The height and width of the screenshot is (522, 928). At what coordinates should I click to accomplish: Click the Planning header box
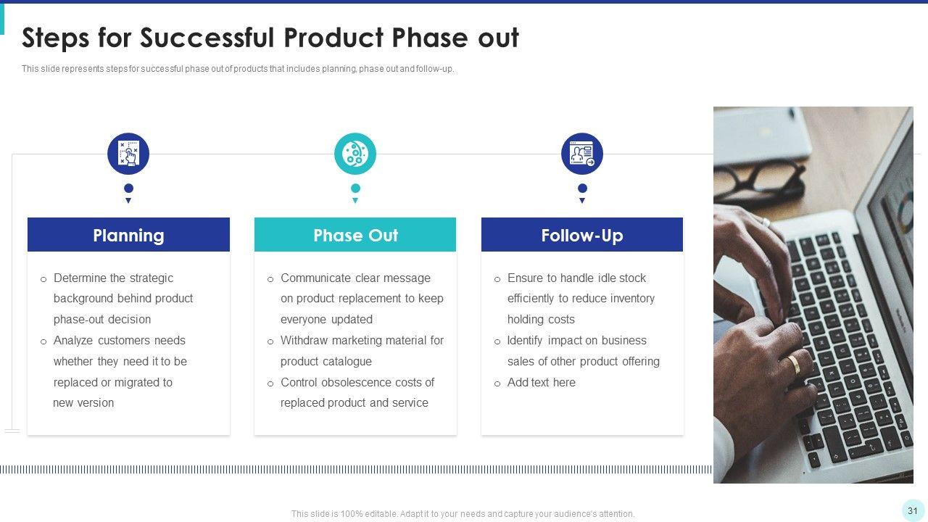[x=128, y=234]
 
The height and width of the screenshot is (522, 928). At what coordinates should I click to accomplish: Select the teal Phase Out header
[x=355, y=234]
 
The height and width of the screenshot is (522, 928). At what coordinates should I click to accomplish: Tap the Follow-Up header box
[x=582, y=234]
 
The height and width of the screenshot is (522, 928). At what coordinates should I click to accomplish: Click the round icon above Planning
[x=128, y=154]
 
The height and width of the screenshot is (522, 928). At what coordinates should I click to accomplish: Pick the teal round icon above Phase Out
[x=355, y=154]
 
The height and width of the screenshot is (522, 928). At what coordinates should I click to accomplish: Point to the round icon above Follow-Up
[x=582, y=154]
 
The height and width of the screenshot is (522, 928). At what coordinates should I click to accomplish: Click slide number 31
[x=913, y=510]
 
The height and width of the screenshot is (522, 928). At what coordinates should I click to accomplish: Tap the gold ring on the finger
[x=794, y=364]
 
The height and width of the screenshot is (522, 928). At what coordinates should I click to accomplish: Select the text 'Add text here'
[x=542, y=382]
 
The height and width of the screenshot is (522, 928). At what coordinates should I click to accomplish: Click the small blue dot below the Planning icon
[x=128, y=188]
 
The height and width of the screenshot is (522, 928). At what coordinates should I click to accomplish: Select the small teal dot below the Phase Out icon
[x=355, y=188]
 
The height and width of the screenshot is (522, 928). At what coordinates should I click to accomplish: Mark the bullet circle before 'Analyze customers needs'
[x=43, y=341]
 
